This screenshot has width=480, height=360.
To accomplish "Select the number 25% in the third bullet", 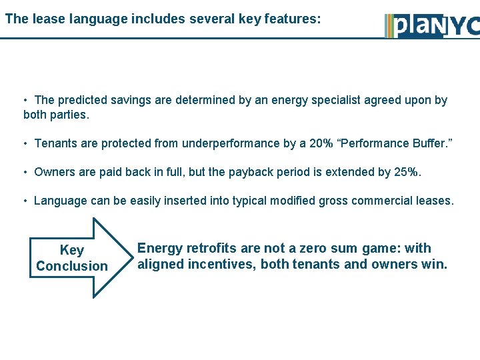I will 406,172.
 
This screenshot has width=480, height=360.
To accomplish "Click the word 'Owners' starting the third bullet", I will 54,172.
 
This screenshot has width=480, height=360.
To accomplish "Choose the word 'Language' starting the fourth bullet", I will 61,201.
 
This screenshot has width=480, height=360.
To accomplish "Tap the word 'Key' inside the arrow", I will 72,250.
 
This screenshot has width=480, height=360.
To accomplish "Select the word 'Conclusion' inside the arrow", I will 72,266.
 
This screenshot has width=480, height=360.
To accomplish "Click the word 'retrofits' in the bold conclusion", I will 211,249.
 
